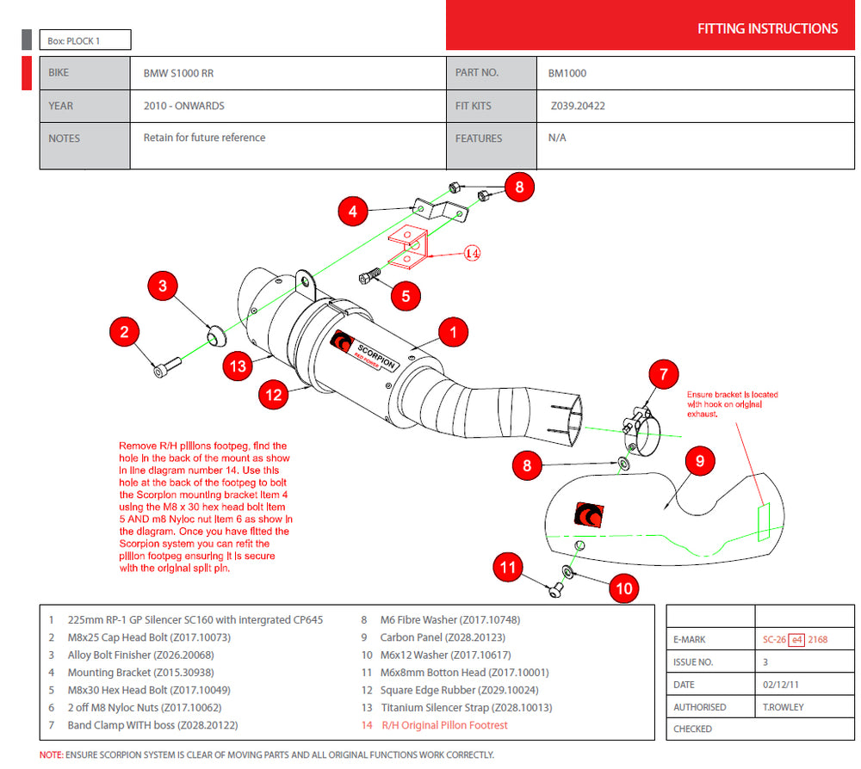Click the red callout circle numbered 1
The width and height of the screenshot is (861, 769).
453,332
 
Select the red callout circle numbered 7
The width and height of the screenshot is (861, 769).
663,374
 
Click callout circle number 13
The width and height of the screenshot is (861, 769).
238,366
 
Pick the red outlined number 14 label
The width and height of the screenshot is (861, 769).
472,254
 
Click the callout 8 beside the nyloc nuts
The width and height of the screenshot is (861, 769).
519,187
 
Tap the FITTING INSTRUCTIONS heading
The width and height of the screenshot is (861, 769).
767,29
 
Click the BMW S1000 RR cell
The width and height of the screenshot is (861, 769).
178,74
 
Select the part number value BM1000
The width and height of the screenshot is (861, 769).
567,74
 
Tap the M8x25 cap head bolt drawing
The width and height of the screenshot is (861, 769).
165,368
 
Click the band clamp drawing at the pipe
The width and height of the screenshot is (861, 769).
641,423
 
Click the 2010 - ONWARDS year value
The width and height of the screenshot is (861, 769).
183,107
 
